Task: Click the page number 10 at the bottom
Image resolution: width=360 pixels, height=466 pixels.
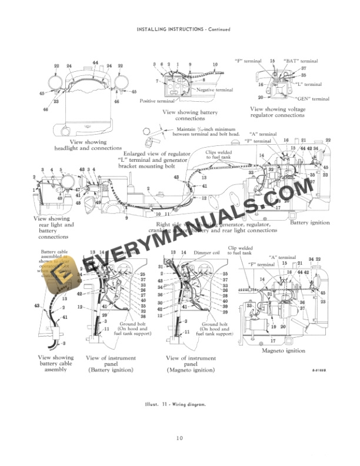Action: (179, 437)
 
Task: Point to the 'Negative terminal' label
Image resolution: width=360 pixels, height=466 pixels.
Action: (215, 90)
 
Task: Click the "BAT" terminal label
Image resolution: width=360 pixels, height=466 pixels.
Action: (301, 61)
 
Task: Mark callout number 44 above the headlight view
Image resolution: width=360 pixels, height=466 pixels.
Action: (95, 63)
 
